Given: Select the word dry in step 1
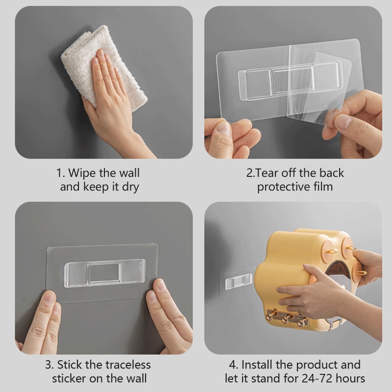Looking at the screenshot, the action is click(130, 188).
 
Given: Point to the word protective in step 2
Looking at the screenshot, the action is click(283, 187).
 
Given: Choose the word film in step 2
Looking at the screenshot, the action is click(323, 187).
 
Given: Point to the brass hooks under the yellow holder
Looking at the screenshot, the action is click(288, 318).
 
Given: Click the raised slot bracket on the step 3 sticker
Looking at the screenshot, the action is click(105, 273).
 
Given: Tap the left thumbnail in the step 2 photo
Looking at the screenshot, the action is click(223, 128).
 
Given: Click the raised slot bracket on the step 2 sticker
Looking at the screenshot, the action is click(290, 80).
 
